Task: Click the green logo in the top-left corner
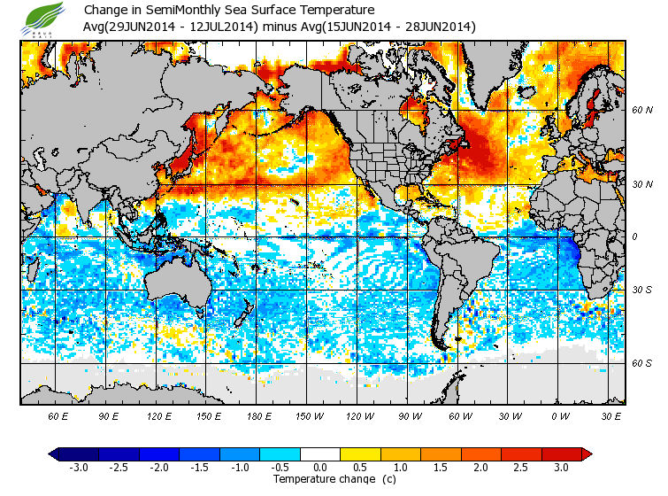41,19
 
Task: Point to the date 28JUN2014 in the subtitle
440,27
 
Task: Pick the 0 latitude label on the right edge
634,236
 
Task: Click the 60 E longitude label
58,415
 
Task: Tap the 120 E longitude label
159,415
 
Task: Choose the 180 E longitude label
259,415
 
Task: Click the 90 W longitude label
410,415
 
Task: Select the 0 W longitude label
560,415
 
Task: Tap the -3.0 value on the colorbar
78,468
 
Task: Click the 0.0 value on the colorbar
320,468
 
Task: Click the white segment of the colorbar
320,453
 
